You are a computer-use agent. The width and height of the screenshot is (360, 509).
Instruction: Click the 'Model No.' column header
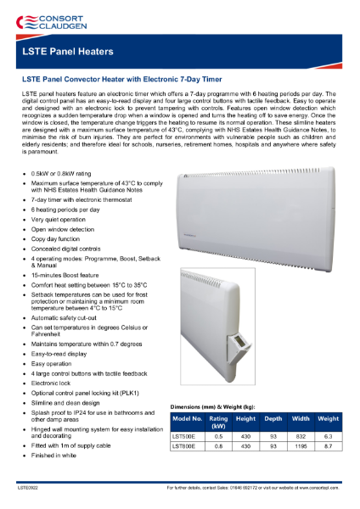click(x=187, y=418)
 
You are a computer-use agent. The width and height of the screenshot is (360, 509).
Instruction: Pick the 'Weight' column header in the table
click(x=328, y=418)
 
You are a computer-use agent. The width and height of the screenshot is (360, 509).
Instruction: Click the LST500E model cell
click(x=187, y=434)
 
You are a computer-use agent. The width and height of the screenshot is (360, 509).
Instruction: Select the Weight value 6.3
click(x=328, y=434)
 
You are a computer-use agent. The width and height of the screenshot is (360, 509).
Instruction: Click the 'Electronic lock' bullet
click(x=53, y=383)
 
